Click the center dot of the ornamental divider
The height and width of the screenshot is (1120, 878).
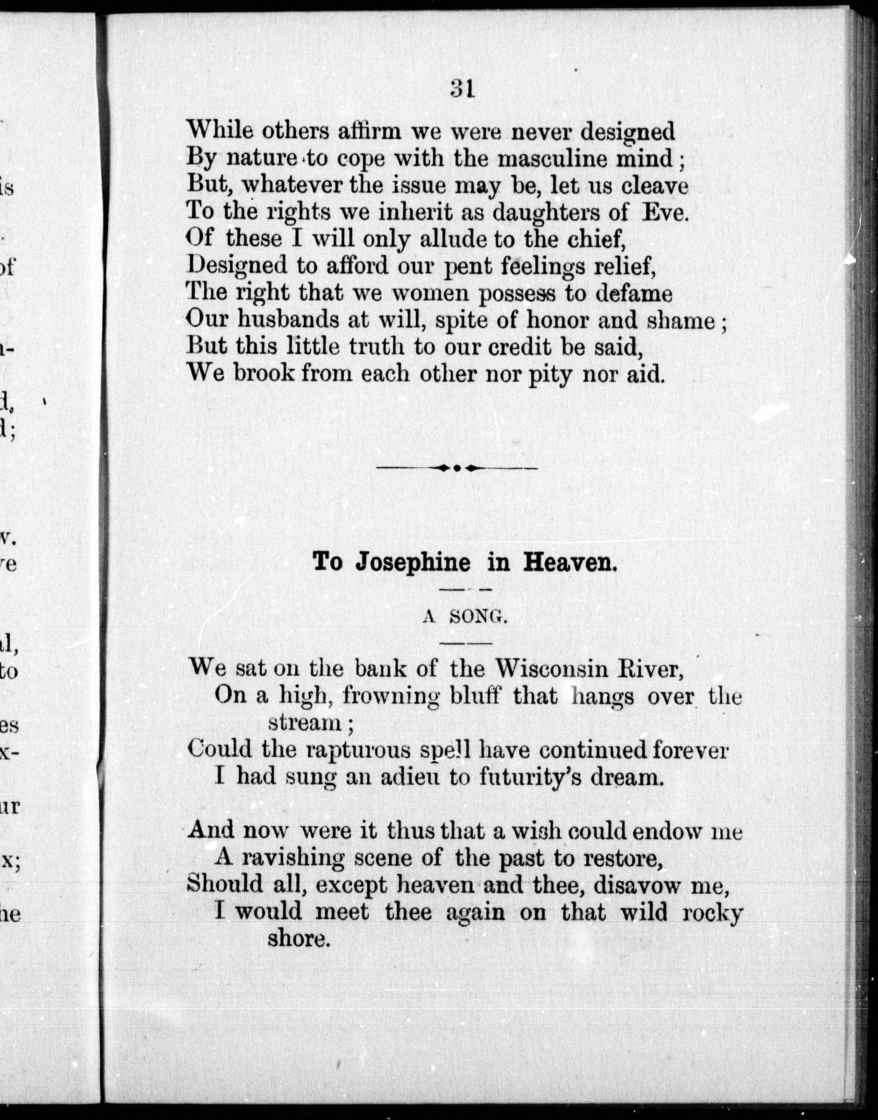[x=457, y=468]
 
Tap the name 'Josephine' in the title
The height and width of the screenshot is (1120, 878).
[x=412, y=562]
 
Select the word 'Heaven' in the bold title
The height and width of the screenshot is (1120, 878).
[x=569, y=562]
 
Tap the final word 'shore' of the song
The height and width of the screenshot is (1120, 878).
[x=297, y=938]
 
